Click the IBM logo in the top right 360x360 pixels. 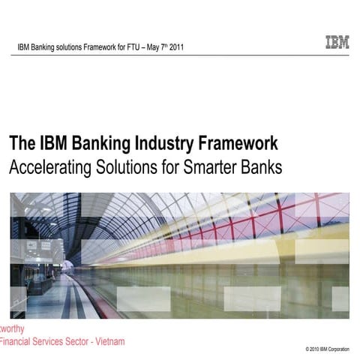[x=337, y=42]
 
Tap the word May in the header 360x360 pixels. [x=148, y=48]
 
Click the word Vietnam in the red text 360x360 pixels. [x=106, y=341]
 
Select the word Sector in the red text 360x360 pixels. [x=75, y=341]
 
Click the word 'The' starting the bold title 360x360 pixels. [x=21, y=144]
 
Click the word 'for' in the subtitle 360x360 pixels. [x=166, y=167]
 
